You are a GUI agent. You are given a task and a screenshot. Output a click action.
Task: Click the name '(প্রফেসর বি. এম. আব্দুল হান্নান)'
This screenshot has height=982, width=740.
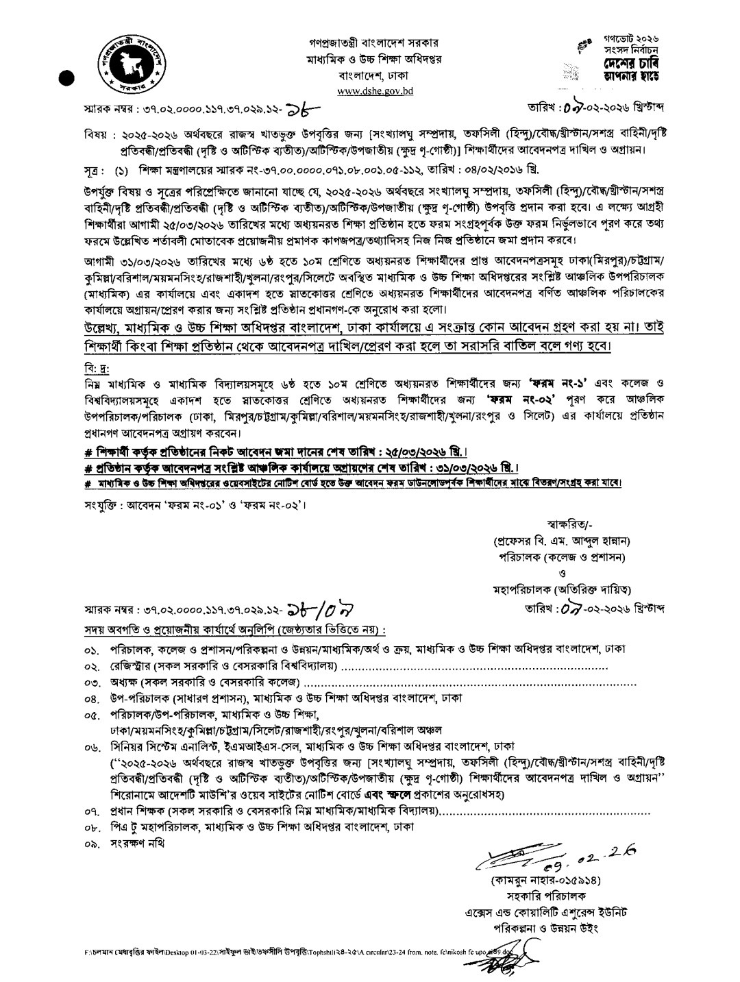pos(561,541)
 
